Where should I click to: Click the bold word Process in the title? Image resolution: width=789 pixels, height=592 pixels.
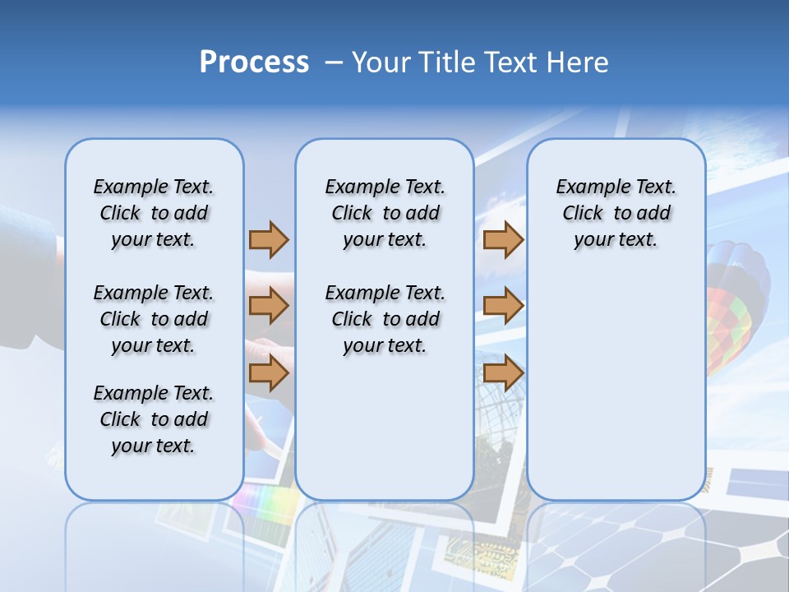(x=254, y=62)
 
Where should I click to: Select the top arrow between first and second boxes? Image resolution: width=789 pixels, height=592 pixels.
(x=269, y=239)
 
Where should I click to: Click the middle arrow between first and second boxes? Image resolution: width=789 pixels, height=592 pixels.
(x=269, y=307)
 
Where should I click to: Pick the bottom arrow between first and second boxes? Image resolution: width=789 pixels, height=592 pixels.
(x=269, y=372)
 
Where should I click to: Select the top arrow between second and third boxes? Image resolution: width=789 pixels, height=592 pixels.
(x=503, y=239)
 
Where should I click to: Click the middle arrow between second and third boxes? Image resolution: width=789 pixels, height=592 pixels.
(x=503, y=307)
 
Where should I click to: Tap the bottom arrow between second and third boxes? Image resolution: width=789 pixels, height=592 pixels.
(x=503, y=372)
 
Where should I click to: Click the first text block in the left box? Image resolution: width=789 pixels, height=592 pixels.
(x=154, y=213)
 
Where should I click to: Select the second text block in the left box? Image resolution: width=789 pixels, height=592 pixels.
(x=154, y=319)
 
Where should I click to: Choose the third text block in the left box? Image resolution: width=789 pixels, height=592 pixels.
(x=154, y=419)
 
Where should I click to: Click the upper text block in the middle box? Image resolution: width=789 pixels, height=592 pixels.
(x=385, y=213)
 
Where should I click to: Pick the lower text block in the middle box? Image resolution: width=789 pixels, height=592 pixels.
(x=385, y=319)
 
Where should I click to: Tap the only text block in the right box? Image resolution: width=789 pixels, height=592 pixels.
(x=616, y=213)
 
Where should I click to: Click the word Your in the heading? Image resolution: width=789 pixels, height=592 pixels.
(x=381, y=62)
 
